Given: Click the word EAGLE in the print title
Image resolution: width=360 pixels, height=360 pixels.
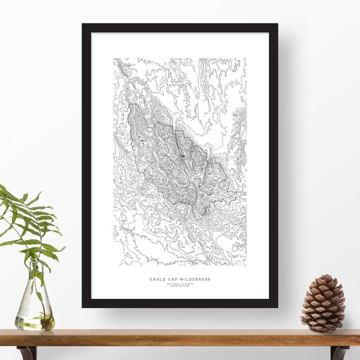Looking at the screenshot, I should point(158,279).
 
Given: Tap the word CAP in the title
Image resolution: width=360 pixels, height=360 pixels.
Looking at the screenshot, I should point(174,279).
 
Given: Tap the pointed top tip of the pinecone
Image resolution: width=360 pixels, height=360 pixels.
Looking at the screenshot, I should point(326,275).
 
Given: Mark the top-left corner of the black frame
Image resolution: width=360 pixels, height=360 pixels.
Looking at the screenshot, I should point(83,25).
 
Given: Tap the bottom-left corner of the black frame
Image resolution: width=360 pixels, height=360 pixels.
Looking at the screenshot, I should point(83,307).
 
